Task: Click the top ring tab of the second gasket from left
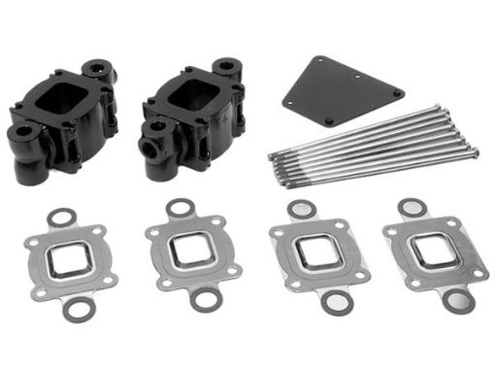[179, 208]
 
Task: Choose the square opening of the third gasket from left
[313, 253]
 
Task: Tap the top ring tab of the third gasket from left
[301, 210]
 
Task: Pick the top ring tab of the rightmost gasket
[412, 208]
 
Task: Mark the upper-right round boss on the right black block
[228, 69]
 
